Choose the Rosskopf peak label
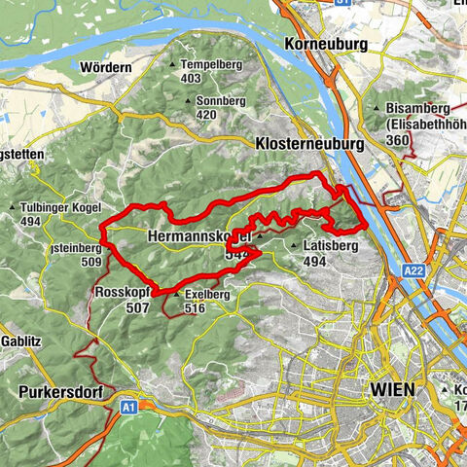(x=123, y=292)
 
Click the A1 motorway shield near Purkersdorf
(x=129, y=408)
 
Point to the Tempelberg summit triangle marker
(x=174, y=65)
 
